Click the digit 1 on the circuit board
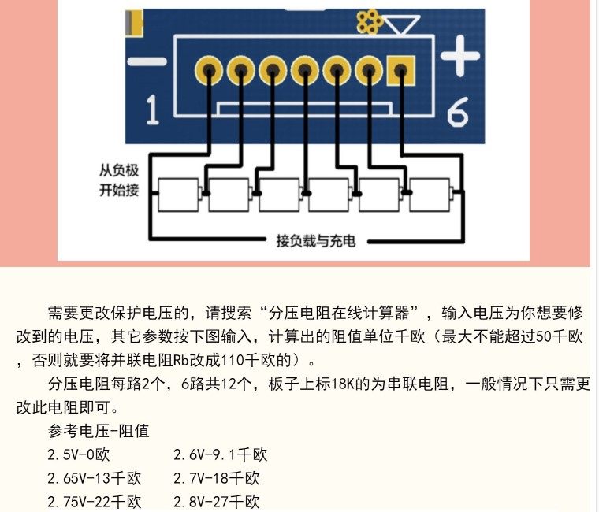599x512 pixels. pyautogui.click(x=152, y=111)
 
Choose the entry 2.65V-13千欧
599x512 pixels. pyautogui.click(x=94, y=478)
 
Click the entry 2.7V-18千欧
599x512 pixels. pyautogui.click(x=217, y=478)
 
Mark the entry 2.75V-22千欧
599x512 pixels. pyautogui.click(x=94, y=502)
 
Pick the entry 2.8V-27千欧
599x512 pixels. pyautogui.click(x=217, y=502)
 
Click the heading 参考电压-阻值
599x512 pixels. pyautogui.click(x=99, y=431)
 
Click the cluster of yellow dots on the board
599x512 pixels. pyautogui.click(x=368, y=21)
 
